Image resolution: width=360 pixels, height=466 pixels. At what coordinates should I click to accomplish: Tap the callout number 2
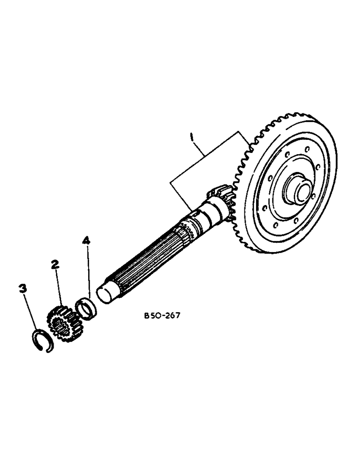coord(55,265)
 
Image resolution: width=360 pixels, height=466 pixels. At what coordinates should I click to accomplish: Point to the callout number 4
coord(85,241)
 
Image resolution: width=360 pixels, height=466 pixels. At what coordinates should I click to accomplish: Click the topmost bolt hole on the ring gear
coord(306,150)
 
